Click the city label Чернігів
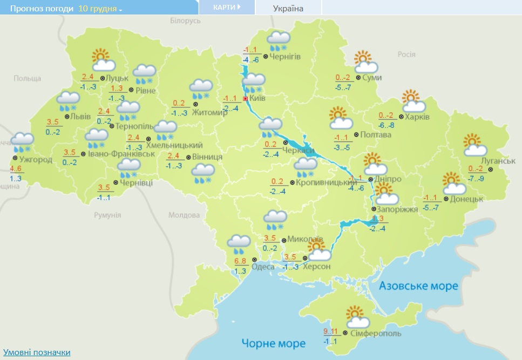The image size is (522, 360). pos(286,56)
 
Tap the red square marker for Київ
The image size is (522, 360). pos(245,99)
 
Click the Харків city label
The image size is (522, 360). pos(418,117)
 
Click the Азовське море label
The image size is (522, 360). pos(418,286)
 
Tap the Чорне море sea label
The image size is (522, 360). pos(273,343)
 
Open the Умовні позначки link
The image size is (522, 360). pos(36,352)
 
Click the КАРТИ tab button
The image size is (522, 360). pos(226,8)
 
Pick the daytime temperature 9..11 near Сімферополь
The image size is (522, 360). pos(331,331)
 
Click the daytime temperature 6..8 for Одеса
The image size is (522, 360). pos(240,262)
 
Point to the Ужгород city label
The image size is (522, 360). pos(35,160)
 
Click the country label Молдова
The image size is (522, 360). pos(184,215)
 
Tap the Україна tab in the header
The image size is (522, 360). pos(288,8)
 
